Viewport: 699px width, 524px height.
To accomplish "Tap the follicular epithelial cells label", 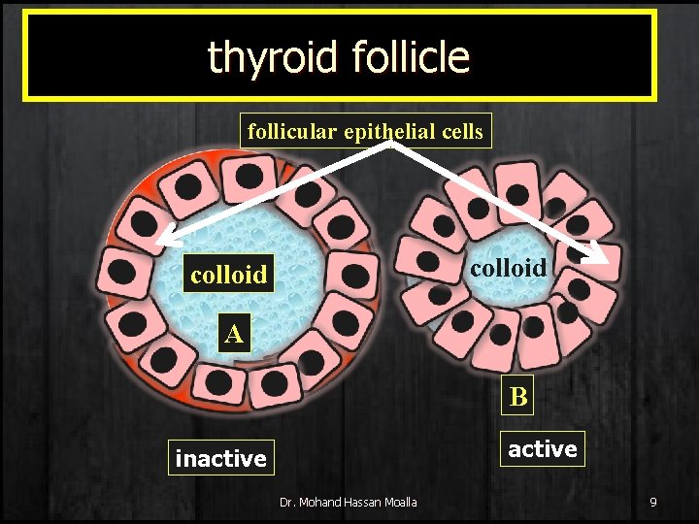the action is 365,131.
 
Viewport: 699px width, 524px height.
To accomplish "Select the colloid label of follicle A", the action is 229,275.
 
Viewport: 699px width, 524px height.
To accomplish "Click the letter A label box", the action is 233,335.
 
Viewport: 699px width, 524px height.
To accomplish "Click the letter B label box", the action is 518,396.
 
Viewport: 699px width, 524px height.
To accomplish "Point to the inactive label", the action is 220,458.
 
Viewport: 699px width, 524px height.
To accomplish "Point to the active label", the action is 543,448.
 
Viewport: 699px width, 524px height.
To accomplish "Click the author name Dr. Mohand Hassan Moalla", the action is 348,502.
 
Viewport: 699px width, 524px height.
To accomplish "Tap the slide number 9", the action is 653,502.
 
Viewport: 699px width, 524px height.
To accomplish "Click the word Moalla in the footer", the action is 398,502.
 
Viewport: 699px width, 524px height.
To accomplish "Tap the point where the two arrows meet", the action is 392,144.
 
